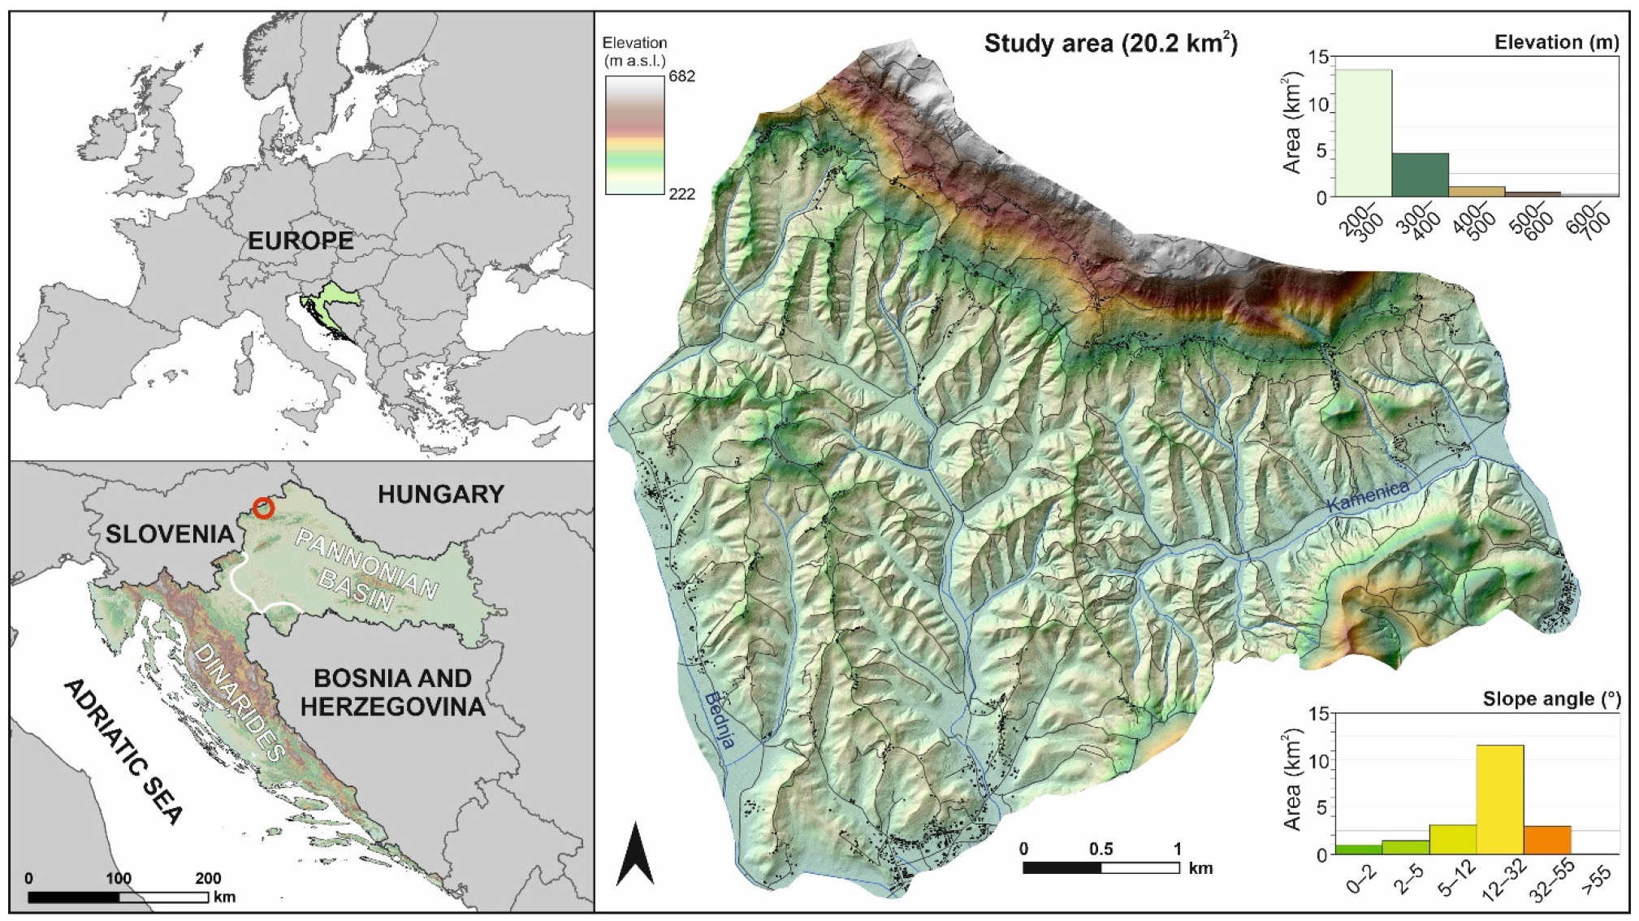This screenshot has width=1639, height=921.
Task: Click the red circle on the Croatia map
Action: point(263,508)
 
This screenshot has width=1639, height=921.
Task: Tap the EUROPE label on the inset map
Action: point(301,241)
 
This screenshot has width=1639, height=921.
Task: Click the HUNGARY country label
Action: point(441,494)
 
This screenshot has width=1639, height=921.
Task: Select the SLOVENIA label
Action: point(170,534)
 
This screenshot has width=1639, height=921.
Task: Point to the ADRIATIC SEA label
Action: point(123,751)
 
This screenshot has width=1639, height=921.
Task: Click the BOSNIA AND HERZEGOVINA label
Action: point(393,692)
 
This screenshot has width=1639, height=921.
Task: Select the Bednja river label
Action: point(720,720)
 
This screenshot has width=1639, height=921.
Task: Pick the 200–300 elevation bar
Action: point(1364,133)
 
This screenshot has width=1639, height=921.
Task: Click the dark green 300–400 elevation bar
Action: point(1420,175)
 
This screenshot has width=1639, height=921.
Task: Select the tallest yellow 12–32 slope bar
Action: point(1499,799)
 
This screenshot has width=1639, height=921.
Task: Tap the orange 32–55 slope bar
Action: point(1546,840)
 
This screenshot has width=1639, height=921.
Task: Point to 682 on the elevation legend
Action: point(682,76)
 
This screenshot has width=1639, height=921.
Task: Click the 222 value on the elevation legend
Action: point(682,194)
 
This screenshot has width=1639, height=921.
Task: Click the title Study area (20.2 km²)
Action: point(1110,43)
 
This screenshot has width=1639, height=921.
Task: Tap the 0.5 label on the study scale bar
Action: point(1101,849)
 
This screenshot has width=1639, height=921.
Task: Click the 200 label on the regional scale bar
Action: point(208,878)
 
